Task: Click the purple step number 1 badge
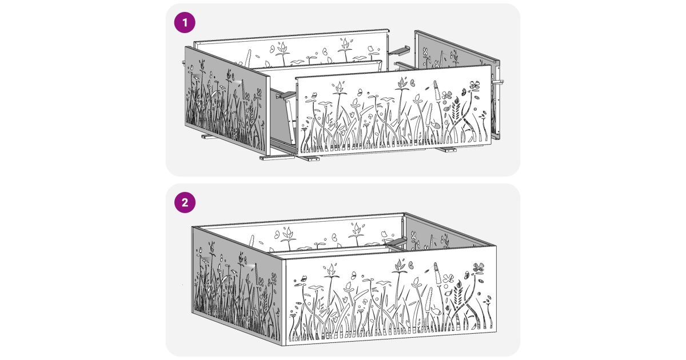coord(185,22)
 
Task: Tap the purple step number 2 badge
coord(185,202)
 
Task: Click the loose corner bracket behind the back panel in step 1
coord(399,50)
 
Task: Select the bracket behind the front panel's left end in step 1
coord(286,95)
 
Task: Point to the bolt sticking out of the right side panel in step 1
coord(498,82)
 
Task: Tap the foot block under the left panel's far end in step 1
coord(210,136)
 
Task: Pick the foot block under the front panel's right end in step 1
coord(446,150)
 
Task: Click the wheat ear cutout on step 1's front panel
coord(456,110)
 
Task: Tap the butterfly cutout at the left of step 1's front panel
coord(314,95)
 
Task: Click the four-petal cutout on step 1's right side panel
coord(425,53)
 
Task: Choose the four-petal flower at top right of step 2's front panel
coord(478,267)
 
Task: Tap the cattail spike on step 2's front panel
coord(438,273)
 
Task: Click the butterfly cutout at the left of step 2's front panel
coord(304,279)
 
